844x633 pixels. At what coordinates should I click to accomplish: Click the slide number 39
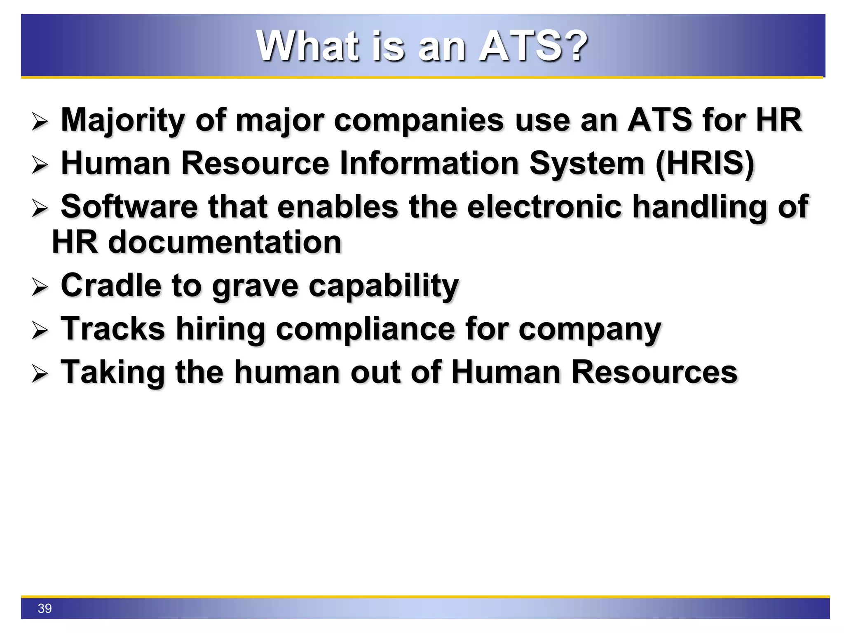click(x=45, y=608)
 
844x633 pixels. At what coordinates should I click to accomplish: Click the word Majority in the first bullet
click(x=122, y=120)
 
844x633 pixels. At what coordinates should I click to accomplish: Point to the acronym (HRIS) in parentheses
click(x=705, y=164)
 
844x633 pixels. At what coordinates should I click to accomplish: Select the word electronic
click(x=544, y=206)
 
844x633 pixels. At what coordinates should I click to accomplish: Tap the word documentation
click(x=225, y=242)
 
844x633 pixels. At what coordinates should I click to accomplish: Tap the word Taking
click(x=113, y=373)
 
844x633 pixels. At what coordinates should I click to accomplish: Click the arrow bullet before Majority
click(x=40, y=122)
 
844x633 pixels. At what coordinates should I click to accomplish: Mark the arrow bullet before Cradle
click(x=40, y=287)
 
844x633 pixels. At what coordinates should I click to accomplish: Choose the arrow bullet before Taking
click(x=40, y=374)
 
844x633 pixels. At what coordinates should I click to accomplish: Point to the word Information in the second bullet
click(x=429, y=164)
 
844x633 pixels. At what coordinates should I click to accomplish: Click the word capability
click(x=383, y=286)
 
